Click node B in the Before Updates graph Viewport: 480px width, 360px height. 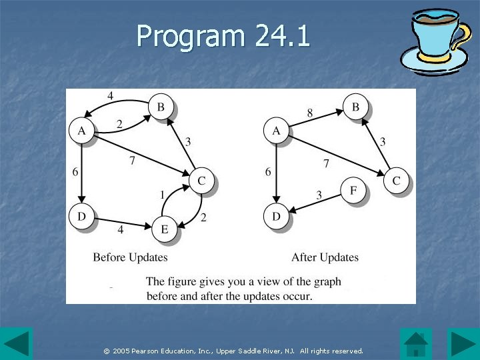click(161, 107)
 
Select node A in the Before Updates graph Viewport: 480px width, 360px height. click(82, 131)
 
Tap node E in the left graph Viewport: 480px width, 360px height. click(164, 229)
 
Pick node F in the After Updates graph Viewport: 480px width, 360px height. click(353, 191)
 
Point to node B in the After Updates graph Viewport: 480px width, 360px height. click(356, 107)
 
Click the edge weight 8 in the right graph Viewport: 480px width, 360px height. click(310, 113)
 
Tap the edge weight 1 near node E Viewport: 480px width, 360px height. click(162, 195)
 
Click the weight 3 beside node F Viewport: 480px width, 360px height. click(319, 195)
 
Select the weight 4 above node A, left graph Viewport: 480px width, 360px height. click(110, 96)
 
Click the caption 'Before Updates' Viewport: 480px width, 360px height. click(130, 257)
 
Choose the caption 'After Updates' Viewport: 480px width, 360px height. click(325, 257)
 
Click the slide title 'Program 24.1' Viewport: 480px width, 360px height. click(223, 37)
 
